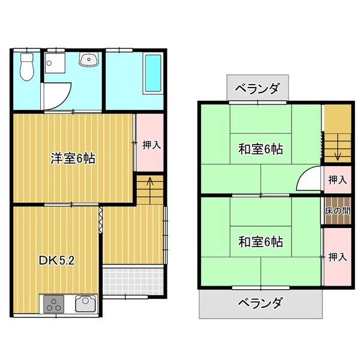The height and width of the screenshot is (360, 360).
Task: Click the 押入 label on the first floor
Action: point(151,145)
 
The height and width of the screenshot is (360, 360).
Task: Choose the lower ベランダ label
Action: point(259,302)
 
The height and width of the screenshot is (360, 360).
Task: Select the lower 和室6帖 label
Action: point(260,242)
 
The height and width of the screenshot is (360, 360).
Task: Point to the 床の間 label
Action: point(337,211)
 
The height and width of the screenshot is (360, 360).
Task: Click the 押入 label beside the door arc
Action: point(337,179)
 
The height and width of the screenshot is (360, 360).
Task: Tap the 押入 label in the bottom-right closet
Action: point(337,257)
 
